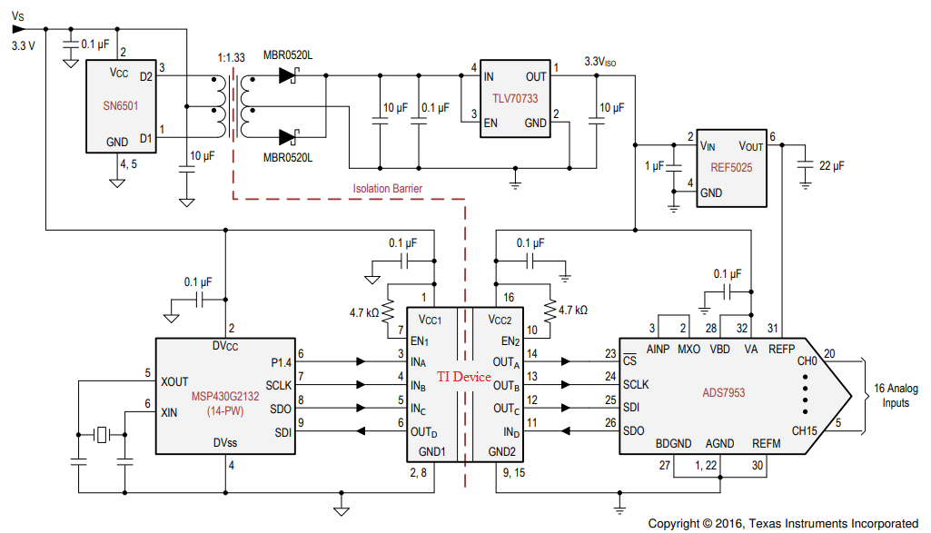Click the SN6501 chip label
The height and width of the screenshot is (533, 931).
click(x=121, y=106)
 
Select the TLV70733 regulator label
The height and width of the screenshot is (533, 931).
click(x=514, y=100)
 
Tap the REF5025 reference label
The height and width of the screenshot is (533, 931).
click(x=732, y=168)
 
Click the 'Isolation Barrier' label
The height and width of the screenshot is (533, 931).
click(x=388, y=189)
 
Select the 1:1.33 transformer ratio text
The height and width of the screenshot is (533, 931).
click(x=233, y=57)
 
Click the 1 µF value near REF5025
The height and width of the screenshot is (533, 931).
click(x=654, y=166)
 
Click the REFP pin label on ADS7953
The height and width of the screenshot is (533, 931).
click(x=782, y=348)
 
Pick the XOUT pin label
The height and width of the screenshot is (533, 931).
click(x=175, y=381)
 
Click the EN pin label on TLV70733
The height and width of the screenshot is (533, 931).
click(x=490, y=122)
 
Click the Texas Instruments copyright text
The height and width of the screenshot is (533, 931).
click(x=783, y=523)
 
